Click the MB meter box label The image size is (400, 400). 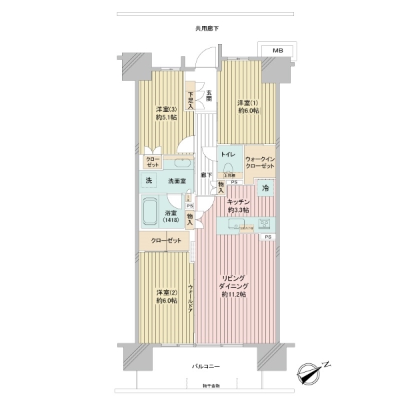coord(276,51)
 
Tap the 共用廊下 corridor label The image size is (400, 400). coord(207,29)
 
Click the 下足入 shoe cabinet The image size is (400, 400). coord(191,100)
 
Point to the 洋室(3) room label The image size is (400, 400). coord(166,113)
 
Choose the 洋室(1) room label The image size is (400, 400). coord(247,107)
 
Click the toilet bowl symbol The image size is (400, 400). coord(229,167)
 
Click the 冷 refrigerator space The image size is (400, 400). coord(265,189)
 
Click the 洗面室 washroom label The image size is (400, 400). coord(176,181)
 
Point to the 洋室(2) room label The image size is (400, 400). coord(166,297)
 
